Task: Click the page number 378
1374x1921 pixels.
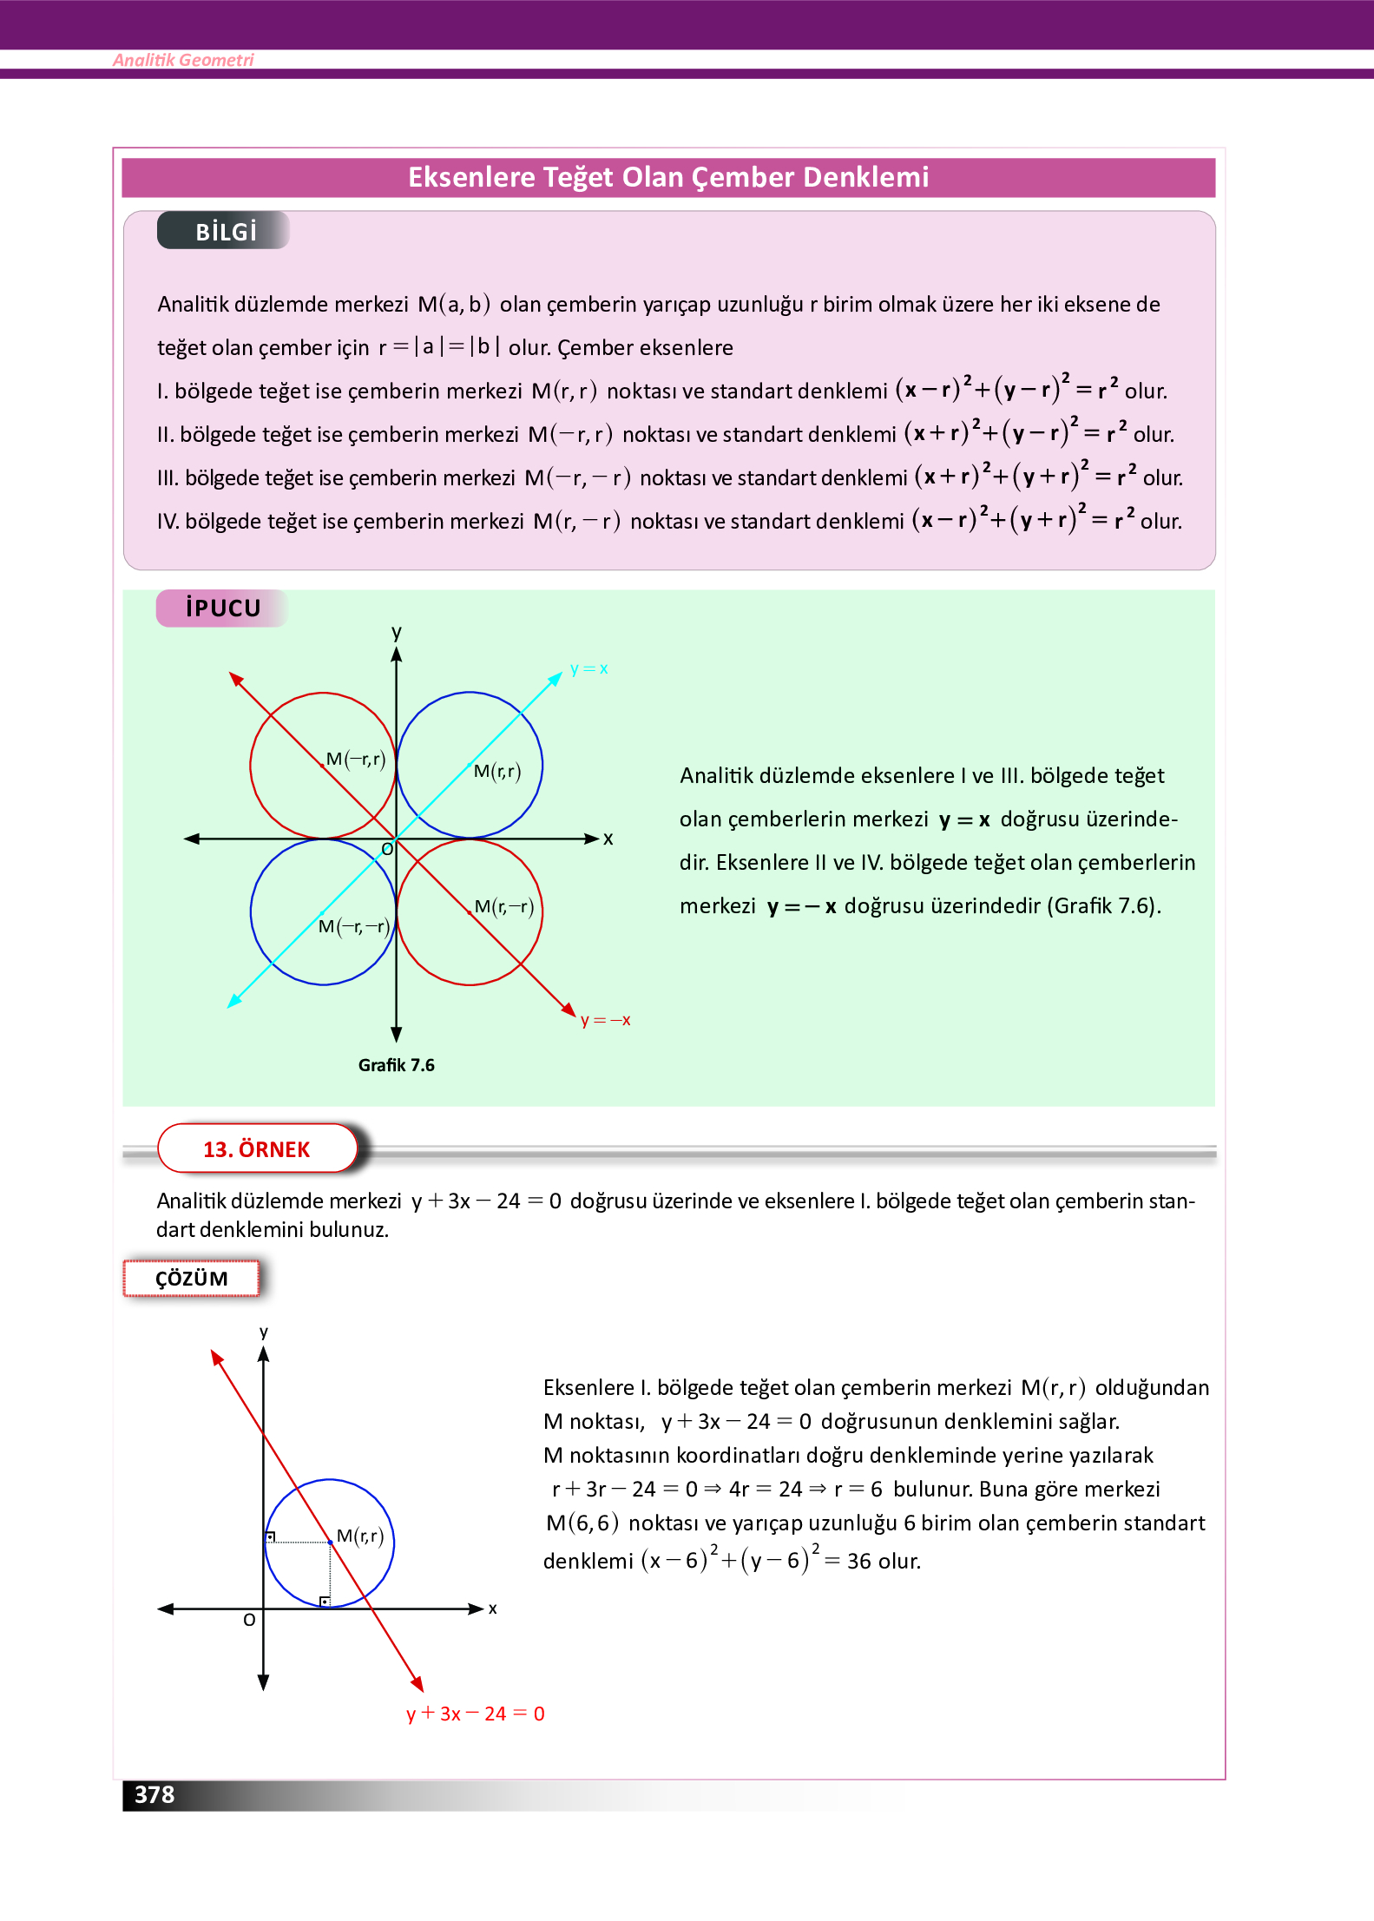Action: click(x=154, y=1794)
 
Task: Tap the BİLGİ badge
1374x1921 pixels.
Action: click(x=225, y=232)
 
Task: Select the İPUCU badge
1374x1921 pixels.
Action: click(x=222, y=608)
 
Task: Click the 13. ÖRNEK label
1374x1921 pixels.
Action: click(x=257, y=1149)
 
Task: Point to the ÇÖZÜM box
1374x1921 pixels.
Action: click(x=192, y=1279)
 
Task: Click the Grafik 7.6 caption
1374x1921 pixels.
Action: click(x=397, y=1065)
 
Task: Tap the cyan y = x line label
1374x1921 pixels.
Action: click(x=589, y=668)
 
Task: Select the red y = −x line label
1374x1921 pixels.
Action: click(x=606, y=1020)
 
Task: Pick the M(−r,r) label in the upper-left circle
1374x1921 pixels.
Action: click(x=356, y=760)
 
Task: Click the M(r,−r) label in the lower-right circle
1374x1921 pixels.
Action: click(x=504, y=907)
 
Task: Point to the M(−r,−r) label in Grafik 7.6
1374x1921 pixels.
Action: click(x=353, y=926)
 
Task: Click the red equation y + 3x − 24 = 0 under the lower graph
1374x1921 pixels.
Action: click(x=476, y=1714)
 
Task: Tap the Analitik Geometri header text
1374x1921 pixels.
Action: click(x=183, y=60)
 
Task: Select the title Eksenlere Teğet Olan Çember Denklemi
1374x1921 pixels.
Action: click(x=668, y=177)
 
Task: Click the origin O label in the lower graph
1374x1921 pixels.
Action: click(x=249, y=1620)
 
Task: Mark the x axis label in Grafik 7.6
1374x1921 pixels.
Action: click(x=608, y=839)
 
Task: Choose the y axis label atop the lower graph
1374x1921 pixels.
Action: click(x=264, y=1332)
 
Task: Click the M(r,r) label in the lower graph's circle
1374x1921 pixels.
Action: click(x=360, y=1536)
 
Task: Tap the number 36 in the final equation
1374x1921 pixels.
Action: click(x=859, y=1562)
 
